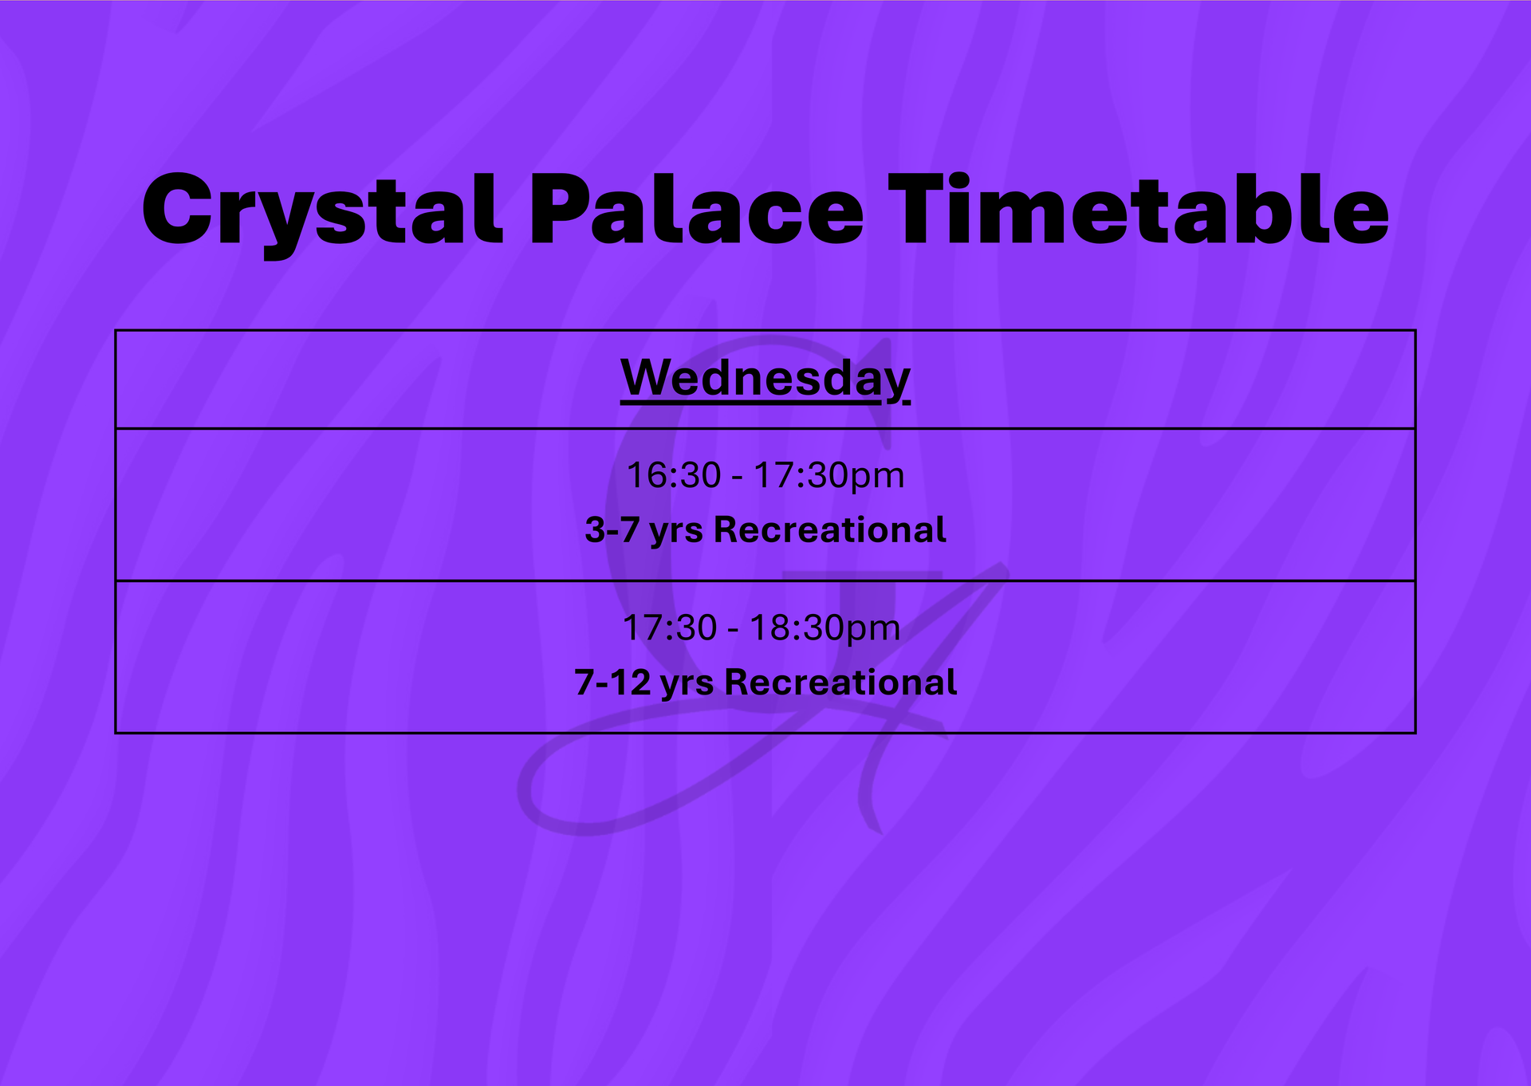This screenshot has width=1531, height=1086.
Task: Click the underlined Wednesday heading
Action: pyautogui.click(x=765, y=378)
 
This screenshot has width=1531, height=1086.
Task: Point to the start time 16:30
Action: pyautogui.click(x=674, y=476)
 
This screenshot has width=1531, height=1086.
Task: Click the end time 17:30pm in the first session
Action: pyautogui.click(x=829, y=476)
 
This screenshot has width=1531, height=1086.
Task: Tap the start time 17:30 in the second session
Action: pyautogui.click(x=670, y=628)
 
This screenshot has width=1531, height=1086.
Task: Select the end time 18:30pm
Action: pyautogui.click(x=825, y=628)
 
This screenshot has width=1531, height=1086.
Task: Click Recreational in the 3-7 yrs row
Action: pyautogui.click(x=830, y=530)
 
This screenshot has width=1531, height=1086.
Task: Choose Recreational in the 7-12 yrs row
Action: pyautogui.click(x=840, y=683)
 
